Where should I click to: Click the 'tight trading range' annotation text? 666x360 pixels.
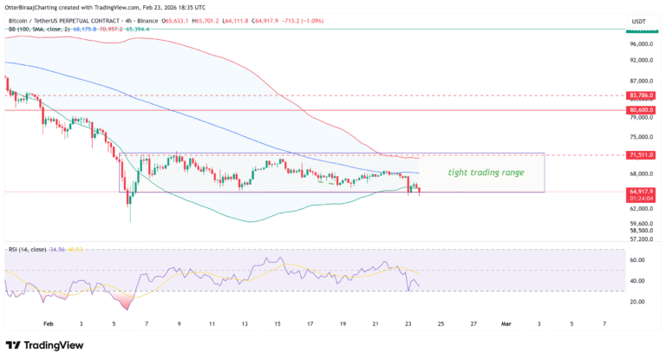[x=486, y=173]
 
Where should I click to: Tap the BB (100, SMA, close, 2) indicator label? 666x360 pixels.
[x=43, y=29]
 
